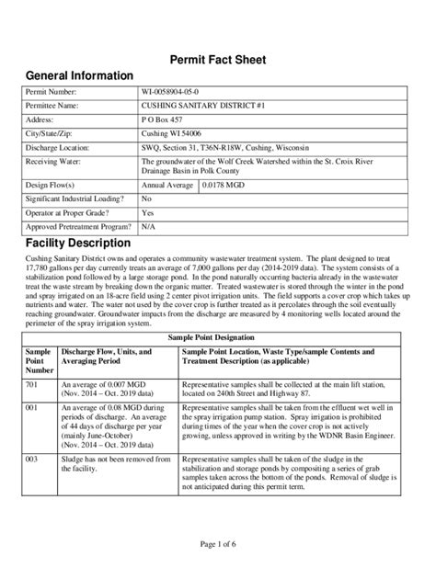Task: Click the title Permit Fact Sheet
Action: pyautogui.click(x=218, y=60)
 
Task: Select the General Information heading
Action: pyautogui.click(x=78, y=75)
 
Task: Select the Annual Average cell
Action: pyautogui.click(x=167, y=185)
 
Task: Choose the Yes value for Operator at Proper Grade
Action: pyautogui.click(x=147, y=211)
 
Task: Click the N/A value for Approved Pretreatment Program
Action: pyautogui.click(x=148, y=225)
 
